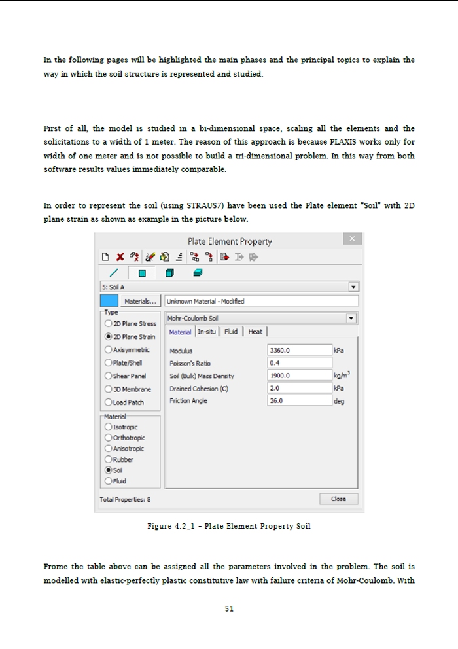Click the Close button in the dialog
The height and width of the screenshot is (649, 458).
pos(339,499)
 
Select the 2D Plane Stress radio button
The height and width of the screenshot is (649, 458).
pos(109,323)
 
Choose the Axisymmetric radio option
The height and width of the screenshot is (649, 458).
pos(109,350)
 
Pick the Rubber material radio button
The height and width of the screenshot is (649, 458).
pos(109,459)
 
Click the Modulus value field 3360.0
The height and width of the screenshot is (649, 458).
pos(300,350)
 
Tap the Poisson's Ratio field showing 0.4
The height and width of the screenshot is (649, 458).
pos(300,362)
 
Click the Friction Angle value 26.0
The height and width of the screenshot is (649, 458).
pos(300,400)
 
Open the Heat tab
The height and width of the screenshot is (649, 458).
pos(255,332)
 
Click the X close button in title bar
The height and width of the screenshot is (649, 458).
pos(352,240)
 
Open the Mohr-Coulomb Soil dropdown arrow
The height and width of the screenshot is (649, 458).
pos(353,318)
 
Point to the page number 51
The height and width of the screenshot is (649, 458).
pos(229,608)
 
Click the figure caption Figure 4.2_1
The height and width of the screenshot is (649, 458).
pos(229,527)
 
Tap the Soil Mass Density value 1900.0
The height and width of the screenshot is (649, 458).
pos(300,376)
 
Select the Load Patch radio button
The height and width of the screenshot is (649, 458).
pos(109,402)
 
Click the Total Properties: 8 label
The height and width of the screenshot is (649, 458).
pos(125,499)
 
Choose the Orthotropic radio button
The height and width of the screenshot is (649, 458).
pos(109,438)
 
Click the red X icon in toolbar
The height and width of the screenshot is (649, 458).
pos(120,257)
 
